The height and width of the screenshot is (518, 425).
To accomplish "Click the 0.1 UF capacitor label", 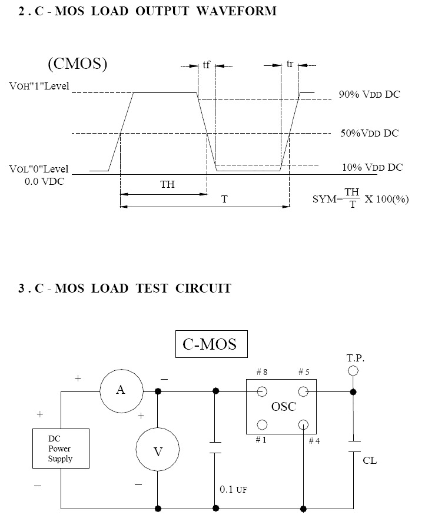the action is (233, 489).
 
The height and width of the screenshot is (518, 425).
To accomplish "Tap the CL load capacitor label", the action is (370, 460).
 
